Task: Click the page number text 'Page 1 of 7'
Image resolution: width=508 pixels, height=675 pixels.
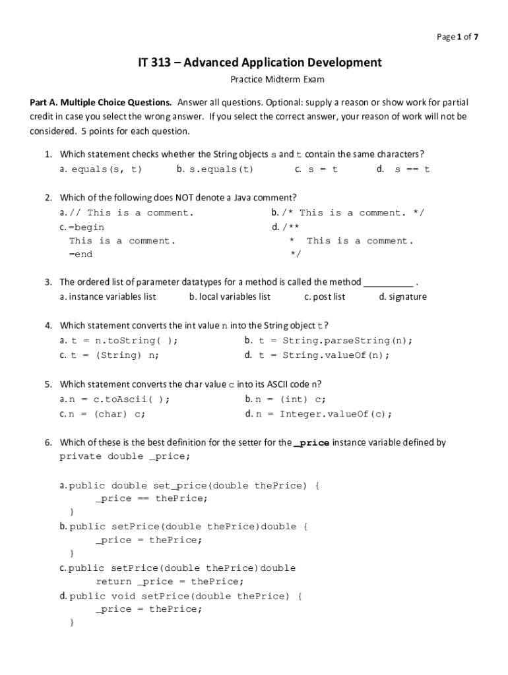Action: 457,37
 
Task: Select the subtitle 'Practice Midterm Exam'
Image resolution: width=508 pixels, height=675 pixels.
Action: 277,80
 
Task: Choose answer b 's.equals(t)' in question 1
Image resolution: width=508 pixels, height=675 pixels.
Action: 215,169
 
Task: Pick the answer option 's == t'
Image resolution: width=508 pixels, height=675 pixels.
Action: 412,169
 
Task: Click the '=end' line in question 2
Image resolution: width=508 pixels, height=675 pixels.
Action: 80,254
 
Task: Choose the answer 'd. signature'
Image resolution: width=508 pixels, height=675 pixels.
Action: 403,297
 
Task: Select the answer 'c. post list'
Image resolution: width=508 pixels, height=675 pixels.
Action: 325,297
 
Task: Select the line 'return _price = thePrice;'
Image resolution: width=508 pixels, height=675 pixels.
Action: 170,581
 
